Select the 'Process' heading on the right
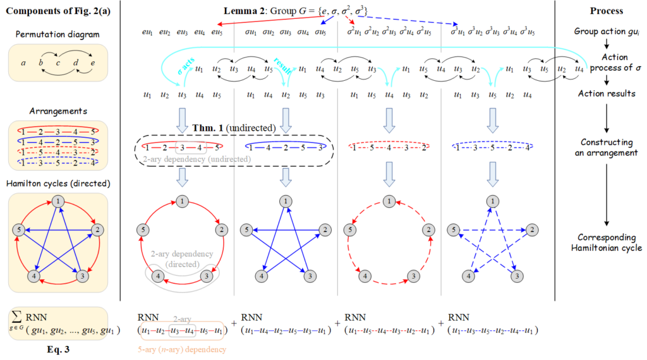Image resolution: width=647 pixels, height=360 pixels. (x=606, y=11)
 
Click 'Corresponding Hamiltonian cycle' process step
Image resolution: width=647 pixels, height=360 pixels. (x=606, y=243)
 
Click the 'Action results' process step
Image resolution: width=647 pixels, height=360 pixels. (x=606, y=93)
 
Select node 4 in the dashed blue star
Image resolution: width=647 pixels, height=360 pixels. (x=467, y=276)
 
